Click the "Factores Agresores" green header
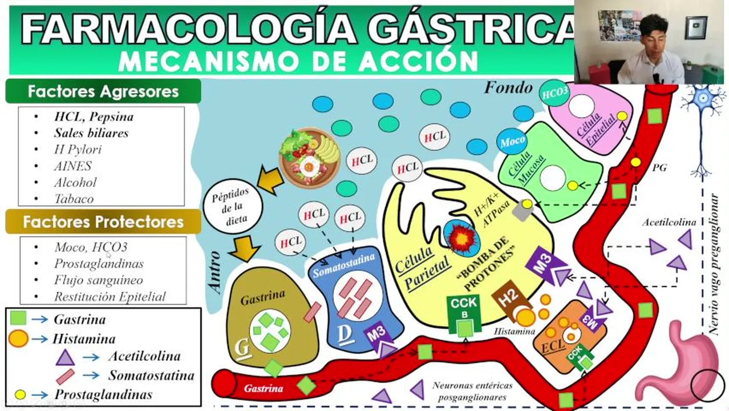coord(103,91)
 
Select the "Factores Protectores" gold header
coord(103,222)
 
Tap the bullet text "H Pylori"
coord(78,150)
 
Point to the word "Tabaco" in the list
coord(74,199)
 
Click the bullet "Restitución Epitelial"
coord(110,297)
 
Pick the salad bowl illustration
coord(310,158)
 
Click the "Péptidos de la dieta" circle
coord(232,206)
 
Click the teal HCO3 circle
coord(554,94)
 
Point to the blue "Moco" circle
coord(513,142)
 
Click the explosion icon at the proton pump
coord(461,239)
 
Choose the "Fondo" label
coord(509,88)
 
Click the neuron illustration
coord(703,130)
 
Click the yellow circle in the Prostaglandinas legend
coord(20,394)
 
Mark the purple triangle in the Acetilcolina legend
coord(66,357)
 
